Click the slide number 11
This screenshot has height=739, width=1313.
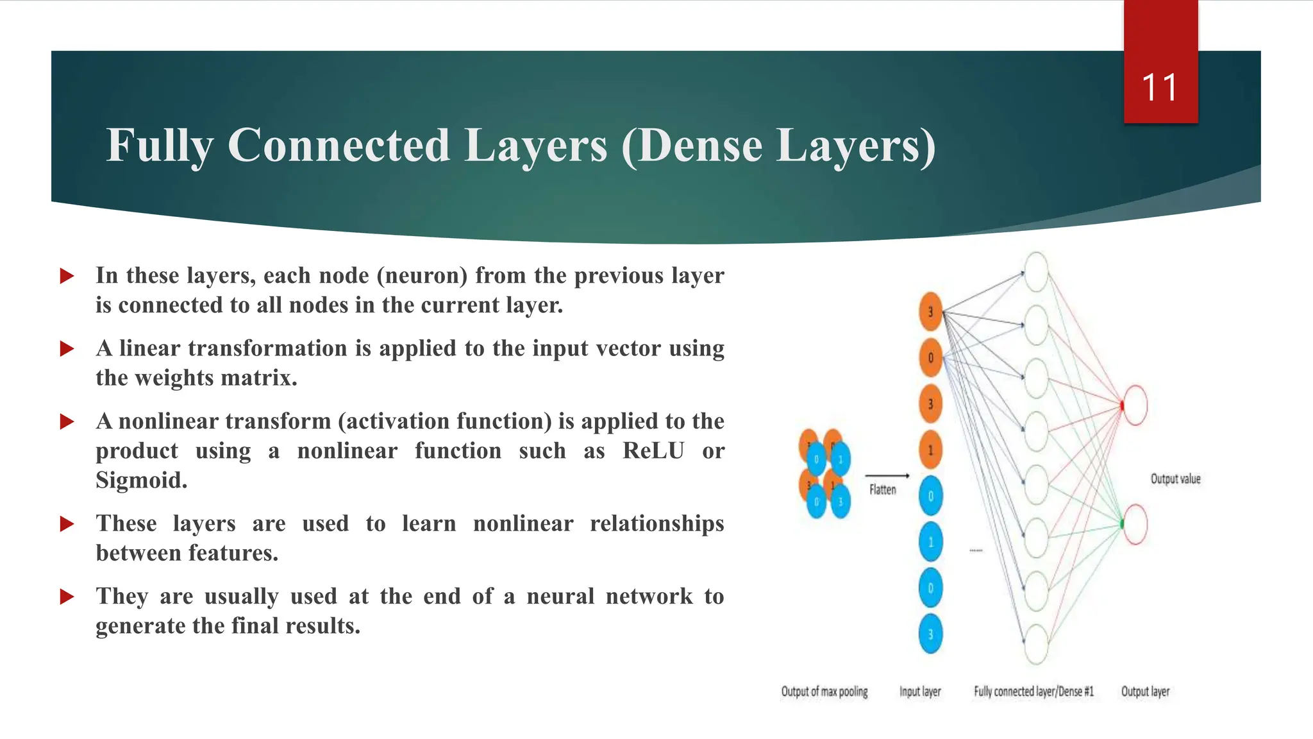tap(1160, 88)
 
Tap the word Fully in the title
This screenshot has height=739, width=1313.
tap(159, 146)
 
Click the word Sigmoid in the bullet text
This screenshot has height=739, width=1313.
tap(141, 480)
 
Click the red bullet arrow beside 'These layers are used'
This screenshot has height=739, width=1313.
tap(67, 524)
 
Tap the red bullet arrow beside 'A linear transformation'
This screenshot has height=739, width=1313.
tap(67, 349)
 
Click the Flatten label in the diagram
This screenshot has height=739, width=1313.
tap(882, 489)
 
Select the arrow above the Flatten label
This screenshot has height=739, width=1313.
tap(887, 475)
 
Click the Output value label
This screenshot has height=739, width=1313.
tap(1175, 479)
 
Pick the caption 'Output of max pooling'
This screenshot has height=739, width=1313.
tap(824, 692)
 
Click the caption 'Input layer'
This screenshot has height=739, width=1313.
tap(920, 692)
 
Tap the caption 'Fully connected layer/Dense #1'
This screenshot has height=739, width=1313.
tap(1033, 692)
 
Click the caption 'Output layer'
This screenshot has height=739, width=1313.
tap(1145, 692)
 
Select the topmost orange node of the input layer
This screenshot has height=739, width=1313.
tap(930, 312)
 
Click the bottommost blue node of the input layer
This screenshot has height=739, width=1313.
tap(930, 634)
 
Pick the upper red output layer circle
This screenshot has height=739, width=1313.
tap(1135, 405)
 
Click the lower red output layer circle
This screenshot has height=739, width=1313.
tap(1135, 524)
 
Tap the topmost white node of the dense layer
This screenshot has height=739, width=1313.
tap(1036, 272)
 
